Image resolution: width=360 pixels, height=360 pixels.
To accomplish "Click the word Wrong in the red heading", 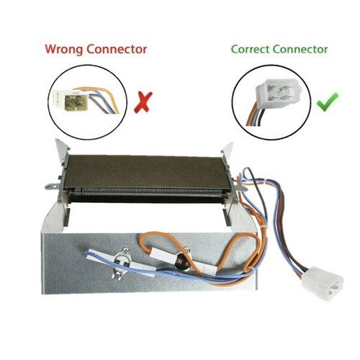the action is click(x=64, y=49).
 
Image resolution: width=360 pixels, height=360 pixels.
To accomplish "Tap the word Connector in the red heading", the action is click(x=117, y=49).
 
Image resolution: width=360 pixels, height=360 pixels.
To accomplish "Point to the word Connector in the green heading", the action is click(x=300, y=50).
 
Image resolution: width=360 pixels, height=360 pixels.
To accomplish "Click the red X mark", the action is click(x=143, y=102).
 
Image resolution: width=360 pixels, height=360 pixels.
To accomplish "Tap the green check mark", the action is click(x=328, y=102).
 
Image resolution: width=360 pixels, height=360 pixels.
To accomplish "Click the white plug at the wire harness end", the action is click(x=323, y=284).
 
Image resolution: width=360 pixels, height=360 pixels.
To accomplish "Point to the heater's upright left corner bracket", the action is click(x=63, y=150).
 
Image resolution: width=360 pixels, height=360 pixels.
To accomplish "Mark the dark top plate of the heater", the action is click(x=146, y=171).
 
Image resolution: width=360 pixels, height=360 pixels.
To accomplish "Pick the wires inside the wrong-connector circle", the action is click(x=103, y=99).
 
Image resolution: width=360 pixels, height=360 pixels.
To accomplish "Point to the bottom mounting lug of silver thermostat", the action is click(x=117, y=275).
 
